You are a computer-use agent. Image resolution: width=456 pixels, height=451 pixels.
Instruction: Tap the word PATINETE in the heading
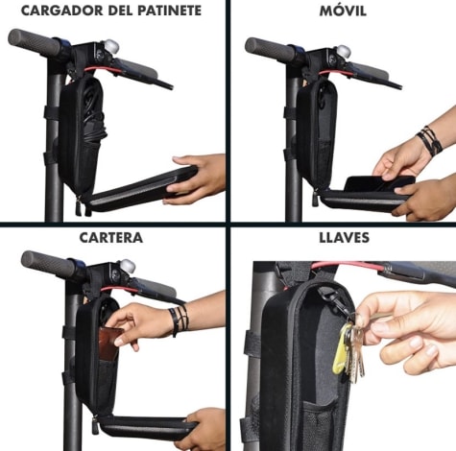click(170, 11)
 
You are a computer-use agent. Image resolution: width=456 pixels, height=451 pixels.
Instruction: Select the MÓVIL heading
click(343, 10)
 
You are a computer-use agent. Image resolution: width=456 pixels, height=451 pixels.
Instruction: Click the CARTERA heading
click(110, 238)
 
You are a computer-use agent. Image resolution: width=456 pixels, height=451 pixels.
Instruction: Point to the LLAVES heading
click(344, 238)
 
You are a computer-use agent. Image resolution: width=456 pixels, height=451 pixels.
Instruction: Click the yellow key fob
click(342, 348)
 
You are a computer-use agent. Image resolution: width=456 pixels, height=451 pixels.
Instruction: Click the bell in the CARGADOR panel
click(111, 47)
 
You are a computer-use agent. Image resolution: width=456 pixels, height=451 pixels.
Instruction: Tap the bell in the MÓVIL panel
click(344, 52)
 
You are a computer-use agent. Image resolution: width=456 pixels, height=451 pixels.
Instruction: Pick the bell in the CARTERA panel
click(128, 266)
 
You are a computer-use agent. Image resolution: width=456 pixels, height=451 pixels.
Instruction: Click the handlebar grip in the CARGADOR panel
click(35, 40)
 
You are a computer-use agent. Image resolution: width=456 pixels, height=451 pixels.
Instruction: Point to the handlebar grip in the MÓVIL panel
click(270, 48)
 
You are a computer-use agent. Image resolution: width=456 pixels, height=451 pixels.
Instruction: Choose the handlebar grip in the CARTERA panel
click(49, 263)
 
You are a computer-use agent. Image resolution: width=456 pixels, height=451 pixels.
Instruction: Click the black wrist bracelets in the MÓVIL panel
click(430, 140)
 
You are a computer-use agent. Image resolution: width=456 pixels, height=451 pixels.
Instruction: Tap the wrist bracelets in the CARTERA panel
click(179, 320)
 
